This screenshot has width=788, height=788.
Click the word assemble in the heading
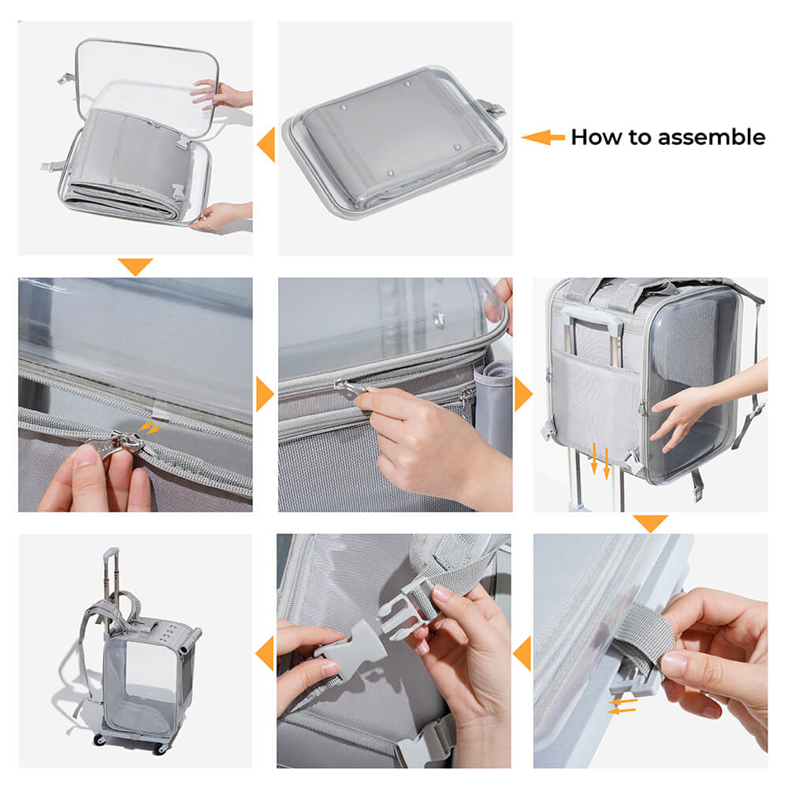(x=711, y=137)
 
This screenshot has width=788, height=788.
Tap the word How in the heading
(x=593, y=137)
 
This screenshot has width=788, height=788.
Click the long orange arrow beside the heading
(x=543, y=138)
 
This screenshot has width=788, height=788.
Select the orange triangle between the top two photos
(x=266, y=144)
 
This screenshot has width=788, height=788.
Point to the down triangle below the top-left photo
(x=135, y=266)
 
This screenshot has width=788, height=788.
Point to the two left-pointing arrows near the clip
(x=623, y=704)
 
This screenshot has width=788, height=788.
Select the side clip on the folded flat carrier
(x=494, y=110)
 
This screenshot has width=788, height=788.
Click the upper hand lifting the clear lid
(x=217, y=94)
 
